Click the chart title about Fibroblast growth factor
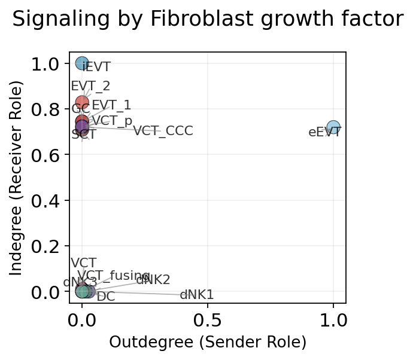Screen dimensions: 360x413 tap(208, 20)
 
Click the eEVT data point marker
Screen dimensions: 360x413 tap(333, 127)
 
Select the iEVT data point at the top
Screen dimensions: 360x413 tap(82, 63)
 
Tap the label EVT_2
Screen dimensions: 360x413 tap(90, 86)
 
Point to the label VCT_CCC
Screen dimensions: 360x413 tap(163, 131)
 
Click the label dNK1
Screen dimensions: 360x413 tap(197, 294)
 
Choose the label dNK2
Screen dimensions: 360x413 tap(153, 279)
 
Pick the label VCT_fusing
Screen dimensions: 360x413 tap(114, 275)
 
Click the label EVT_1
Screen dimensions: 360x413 tap(111, 105)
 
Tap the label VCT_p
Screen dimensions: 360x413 tap(112, 120)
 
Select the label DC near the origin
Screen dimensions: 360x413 tap(106, 296)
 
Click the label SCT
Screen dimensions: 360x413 tap(84, 135)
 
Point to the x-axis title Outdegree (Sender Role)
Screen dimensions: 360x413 tap(208, 342)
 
